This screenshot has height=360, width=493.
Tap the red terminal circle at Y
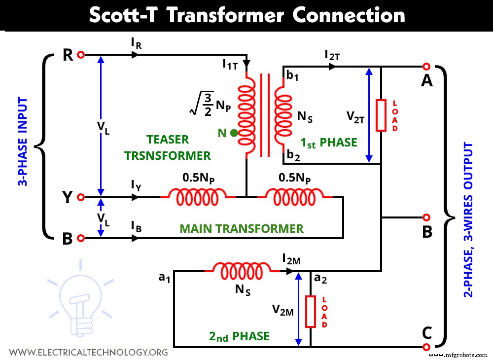tap(81, 197)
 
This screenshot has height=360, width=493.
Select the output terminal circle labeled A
tap(426, 67)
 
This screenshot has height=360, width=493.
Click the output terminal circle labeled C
tap(426, 347)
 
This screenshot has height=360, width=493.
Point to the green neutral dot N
tap(234, 133)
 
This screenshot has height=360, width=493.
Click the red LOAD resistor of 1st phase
tap(381, 115)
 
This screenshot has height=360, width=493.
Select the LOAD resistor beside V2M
tap(311, 311)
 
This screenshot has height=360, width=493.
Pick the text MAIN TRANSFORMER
tap(242, 228)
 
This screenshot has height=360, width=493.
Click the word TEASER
tap(167, 140)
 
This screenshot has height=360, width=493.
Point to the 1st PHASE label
tap(329, 143)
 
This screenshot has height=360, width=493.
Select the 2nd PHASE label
tap(240, 336)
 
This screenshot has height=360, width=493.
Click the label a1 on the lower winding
tap(164, 278)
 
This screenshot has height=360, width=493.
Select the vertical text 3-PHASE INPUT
tap(22, 142)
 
